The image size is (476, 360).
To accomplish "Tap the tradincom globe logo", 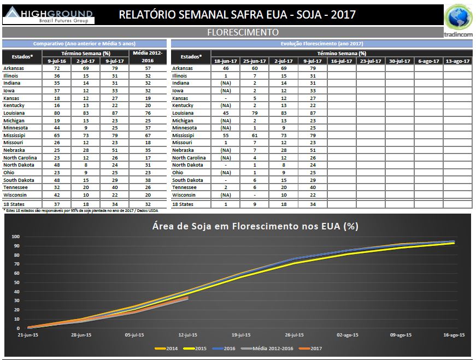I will point(459,17).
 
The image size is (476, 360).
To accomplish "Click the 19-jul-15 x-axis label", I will point(241,335).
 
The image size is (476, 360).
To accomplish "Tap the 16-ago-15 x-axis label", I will point(454,335).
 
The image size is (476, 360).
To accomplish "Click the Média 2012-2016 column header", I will point(149,56).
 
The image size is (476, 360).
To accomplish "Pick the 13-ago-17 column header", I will point(457,61).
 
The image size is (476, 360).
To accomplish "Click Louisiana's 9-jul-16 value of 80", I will point(56,113).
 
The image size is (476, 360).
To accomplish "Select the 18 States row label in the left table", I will point(15,204).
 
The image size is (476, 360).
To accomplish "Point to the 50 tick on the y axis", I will point(16,282).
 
